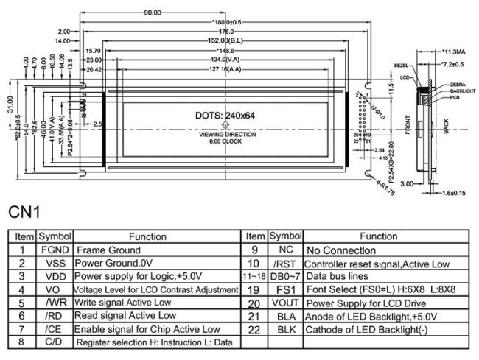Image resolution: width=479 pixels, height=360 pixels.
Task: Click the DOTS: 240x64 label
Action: [226, 116]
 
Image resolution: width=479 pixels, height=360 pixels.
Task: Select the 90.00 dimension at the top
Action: [153, 13]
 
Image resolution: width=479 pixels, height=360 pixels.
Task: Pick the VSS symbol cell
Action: [55, 262]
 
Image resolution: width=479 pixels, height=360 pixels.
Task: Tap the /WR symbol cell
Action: [55, 302]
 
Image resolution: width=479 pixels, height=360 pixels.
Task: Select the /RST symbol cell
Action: [284, 263]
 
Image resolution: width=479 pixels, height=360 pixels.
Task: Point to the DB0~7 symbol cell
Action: [284, 275]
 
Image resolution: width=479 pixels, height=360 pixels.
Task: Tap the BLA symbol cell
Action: [284, 315]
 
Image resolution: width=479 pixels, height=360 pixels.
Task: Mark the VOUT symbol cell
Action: [284, 302]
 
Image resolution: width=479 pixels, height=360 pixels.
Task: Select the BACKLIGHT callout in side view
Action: [462, 91]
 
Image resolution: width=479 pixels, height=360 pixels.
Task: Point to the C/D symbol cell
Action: [55, 342]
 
